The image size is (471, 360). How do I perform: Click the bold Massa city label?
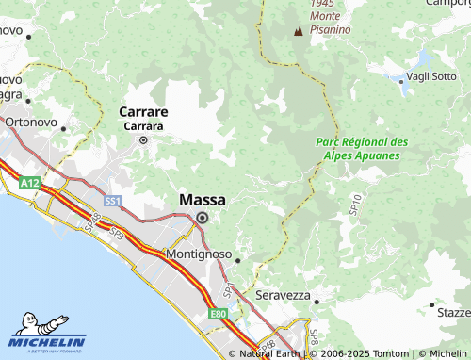pos(202,200)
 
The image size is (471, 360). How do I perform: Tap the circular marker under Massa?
pos(202,218)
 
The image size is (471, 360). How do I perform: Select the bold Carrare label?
pos(143,112)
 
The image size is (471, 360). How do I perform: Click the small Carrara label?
pos(143,125)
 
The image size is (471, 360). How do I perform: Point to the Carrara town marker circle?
pos(143,140)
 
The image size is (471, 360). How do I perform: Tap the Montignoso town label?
pos(198,254)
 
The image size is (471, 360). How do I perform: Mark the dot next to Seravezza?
pos(317,302)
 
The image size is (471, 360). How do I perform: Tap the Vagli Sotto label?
pos(431,77)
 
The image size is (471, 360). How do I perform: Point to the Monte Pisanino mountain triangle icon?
pos(299,31)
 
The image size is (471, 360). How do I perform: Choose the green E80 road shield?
pos(219,314)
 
